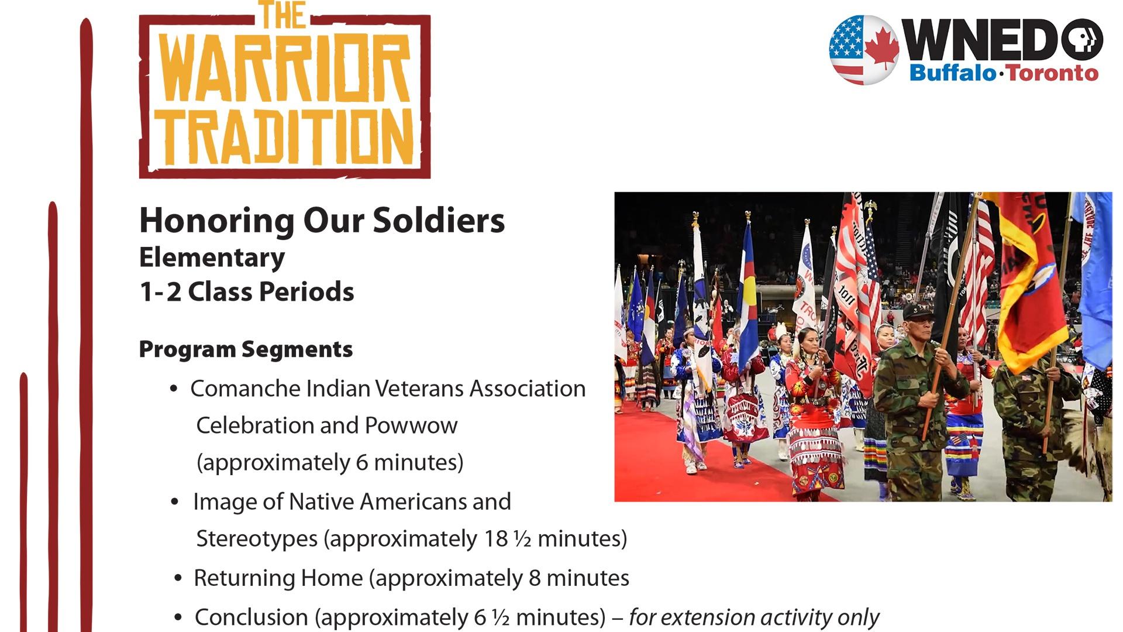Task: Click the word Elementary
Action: pyautogui.click(x=212, y=257)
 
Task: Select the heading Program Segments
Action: pyautogui.click(x=246, y=349)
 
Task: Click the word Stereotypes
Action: pyautogui.click(x=257, y=538)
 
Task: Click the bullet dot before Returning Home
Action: pyautogui.click(x=179, y=579)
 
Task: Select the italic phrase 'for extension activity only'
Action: pyautogui.click(x=753, y=617)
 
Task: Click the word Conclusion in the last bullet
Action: pyautogui.click(x=251, y=617)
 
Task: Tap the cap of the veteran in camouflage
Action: pyautogui.click(x=917, y=310)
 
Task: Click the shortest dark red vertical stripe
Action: pyautogui.click(x=24, y=503)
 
